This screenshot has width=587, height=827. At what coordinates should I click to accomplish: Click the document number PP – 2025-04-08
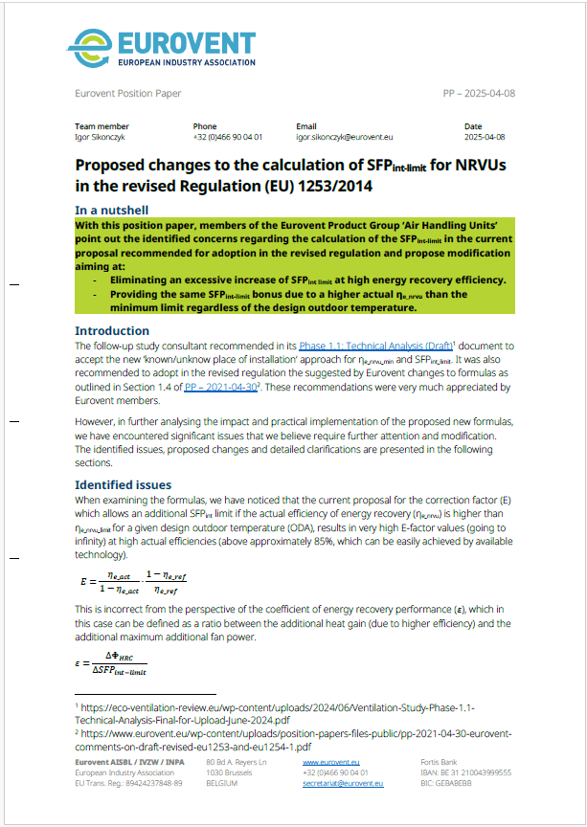(x=480, y=94)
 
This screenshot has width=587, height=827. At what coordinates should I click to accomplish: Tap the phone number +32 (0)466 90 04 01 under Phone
(x=228, y=138)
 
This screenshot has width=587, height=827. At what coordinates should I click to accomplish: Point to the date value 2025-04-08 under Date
(x=485, y=138)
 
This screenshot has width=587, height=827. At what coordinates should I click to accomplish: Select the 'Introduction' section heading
(x=112, y=331)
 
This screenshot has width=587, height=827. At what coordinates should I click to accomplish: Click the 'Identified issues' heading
(x=123, y=485)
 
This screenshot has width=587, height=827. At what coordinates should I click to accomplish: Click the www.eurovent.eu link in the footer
(x=330, y=762)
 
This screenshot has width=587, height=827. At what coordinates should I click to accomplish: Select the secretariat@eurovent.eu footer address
(x=343, y=783)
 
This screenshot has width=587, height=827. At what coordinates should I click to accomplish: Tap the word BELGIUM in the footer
(x=223, y=783)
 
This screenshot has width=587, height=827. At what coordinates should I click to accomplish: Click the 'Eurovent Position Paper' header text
(x=127, y=94)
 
